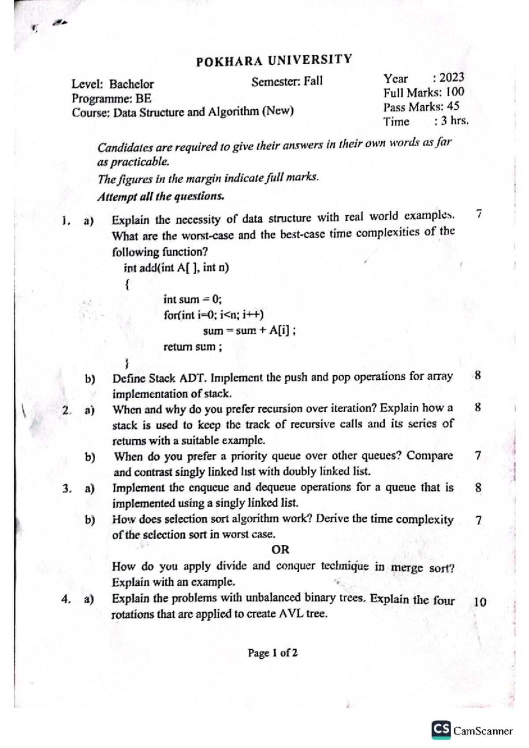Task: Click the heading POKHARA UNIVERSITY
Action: tap(274, 60)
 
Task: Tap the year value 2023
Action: tap(451, 78)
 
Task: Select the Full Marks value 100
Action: tap(455, 92)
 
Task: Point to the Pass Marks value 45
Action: tap(453, 107)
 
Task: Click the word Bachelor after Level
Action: tap(131, 84)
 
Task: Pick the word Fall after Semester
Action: tap(313, 81)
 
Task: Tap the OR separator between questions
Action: tap(280, 550)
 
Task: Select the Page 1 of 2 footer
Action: tap(272, 653)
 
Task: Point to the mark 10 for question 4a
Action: tap(479, 602)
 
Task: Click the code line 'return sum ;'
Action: tap(193, 347)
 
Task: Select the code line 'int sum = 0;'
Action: tap(192, 300)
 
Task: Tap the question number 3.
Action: tap(66, 488)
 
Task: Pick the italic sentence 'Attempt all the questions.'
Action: tap(160, 196)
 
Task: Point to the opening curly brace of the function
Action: tap(127, 285)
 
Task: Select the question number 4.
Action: tap(66, 599)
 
